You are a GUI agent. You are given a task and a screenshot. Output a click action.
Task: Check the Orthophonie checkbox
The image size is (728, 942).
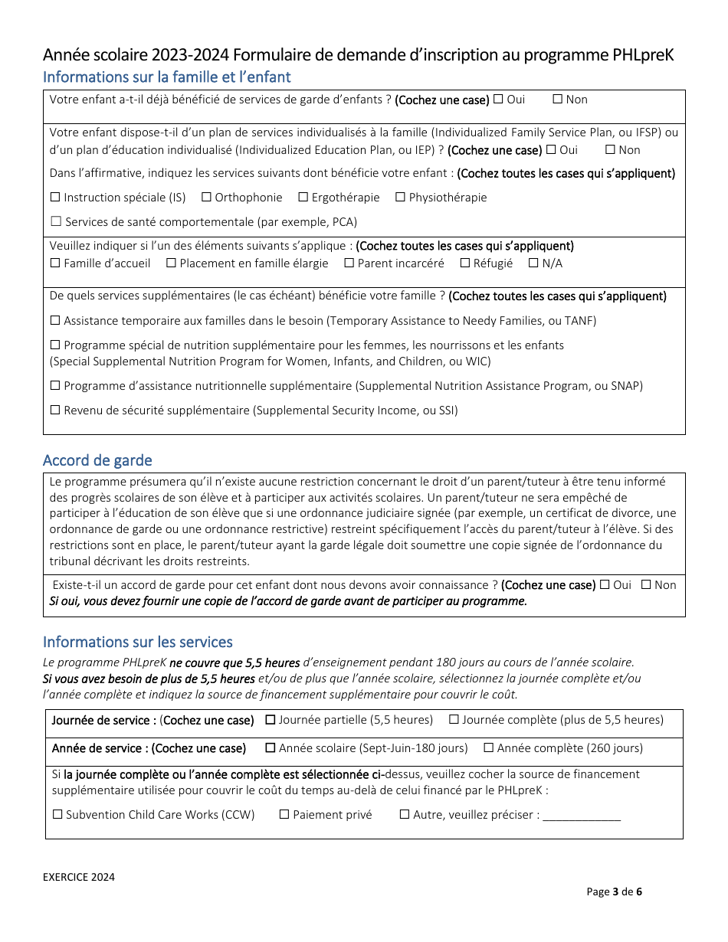coord(206,197)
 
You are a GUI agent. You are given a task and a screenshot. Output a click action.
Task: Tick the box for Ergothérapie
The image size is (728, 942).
coord(303,197)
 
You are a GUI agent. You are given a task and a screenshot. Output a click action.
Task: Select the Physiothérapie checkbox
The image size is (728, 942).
coord(400,197)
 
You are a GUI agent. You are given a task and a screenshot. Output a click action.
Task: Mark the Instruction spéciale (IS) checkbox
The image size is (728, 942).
coord(55,197)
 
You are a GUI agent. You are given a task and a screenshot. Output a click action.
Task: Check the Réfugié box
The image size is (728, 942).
coord(465,263)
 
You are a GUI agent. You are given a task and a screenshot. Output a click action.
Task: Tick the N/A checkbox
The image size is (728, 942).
coord(533,263)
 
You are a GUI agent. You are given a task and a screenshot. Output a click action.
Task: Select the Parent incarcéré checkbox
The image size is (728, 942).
coord(349,263)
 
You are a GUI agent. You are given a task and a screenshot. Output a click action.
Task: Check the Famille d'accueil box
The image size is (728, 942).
coord(55,263)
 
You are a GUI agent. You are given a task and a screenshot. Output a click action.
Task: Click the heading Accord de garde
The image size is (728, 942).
coord(97,460)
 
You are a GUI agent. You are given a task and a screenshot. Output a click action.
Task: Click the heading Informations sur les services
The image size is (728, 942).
coord(138,642)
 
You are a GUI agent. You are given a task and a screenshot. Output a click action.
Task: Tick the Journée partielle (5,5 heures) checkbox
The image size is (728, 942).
coord(271,720)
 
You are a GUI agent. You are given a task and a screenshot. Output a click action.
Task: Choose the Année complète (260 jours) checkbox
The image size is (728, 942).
coord(488,747)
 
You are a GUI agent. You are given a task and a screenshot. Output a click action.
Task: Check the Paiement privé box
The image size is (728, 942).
coord(284,815)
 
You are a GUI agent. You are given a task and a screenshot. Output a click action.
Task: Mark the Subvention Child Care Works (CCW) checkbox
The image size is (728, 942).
coord(57,815)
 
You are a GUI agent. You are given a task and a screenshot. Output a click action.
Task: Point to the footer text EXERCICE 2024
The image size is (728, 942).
coord(79,877)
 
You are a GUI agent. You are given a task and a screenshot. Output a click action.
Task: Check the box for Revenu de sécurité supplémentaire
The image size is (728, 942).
coord(55,410)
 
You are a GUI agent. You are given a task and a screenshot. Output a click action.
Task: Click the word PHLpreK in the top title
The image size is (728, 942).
coord(643,55)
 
